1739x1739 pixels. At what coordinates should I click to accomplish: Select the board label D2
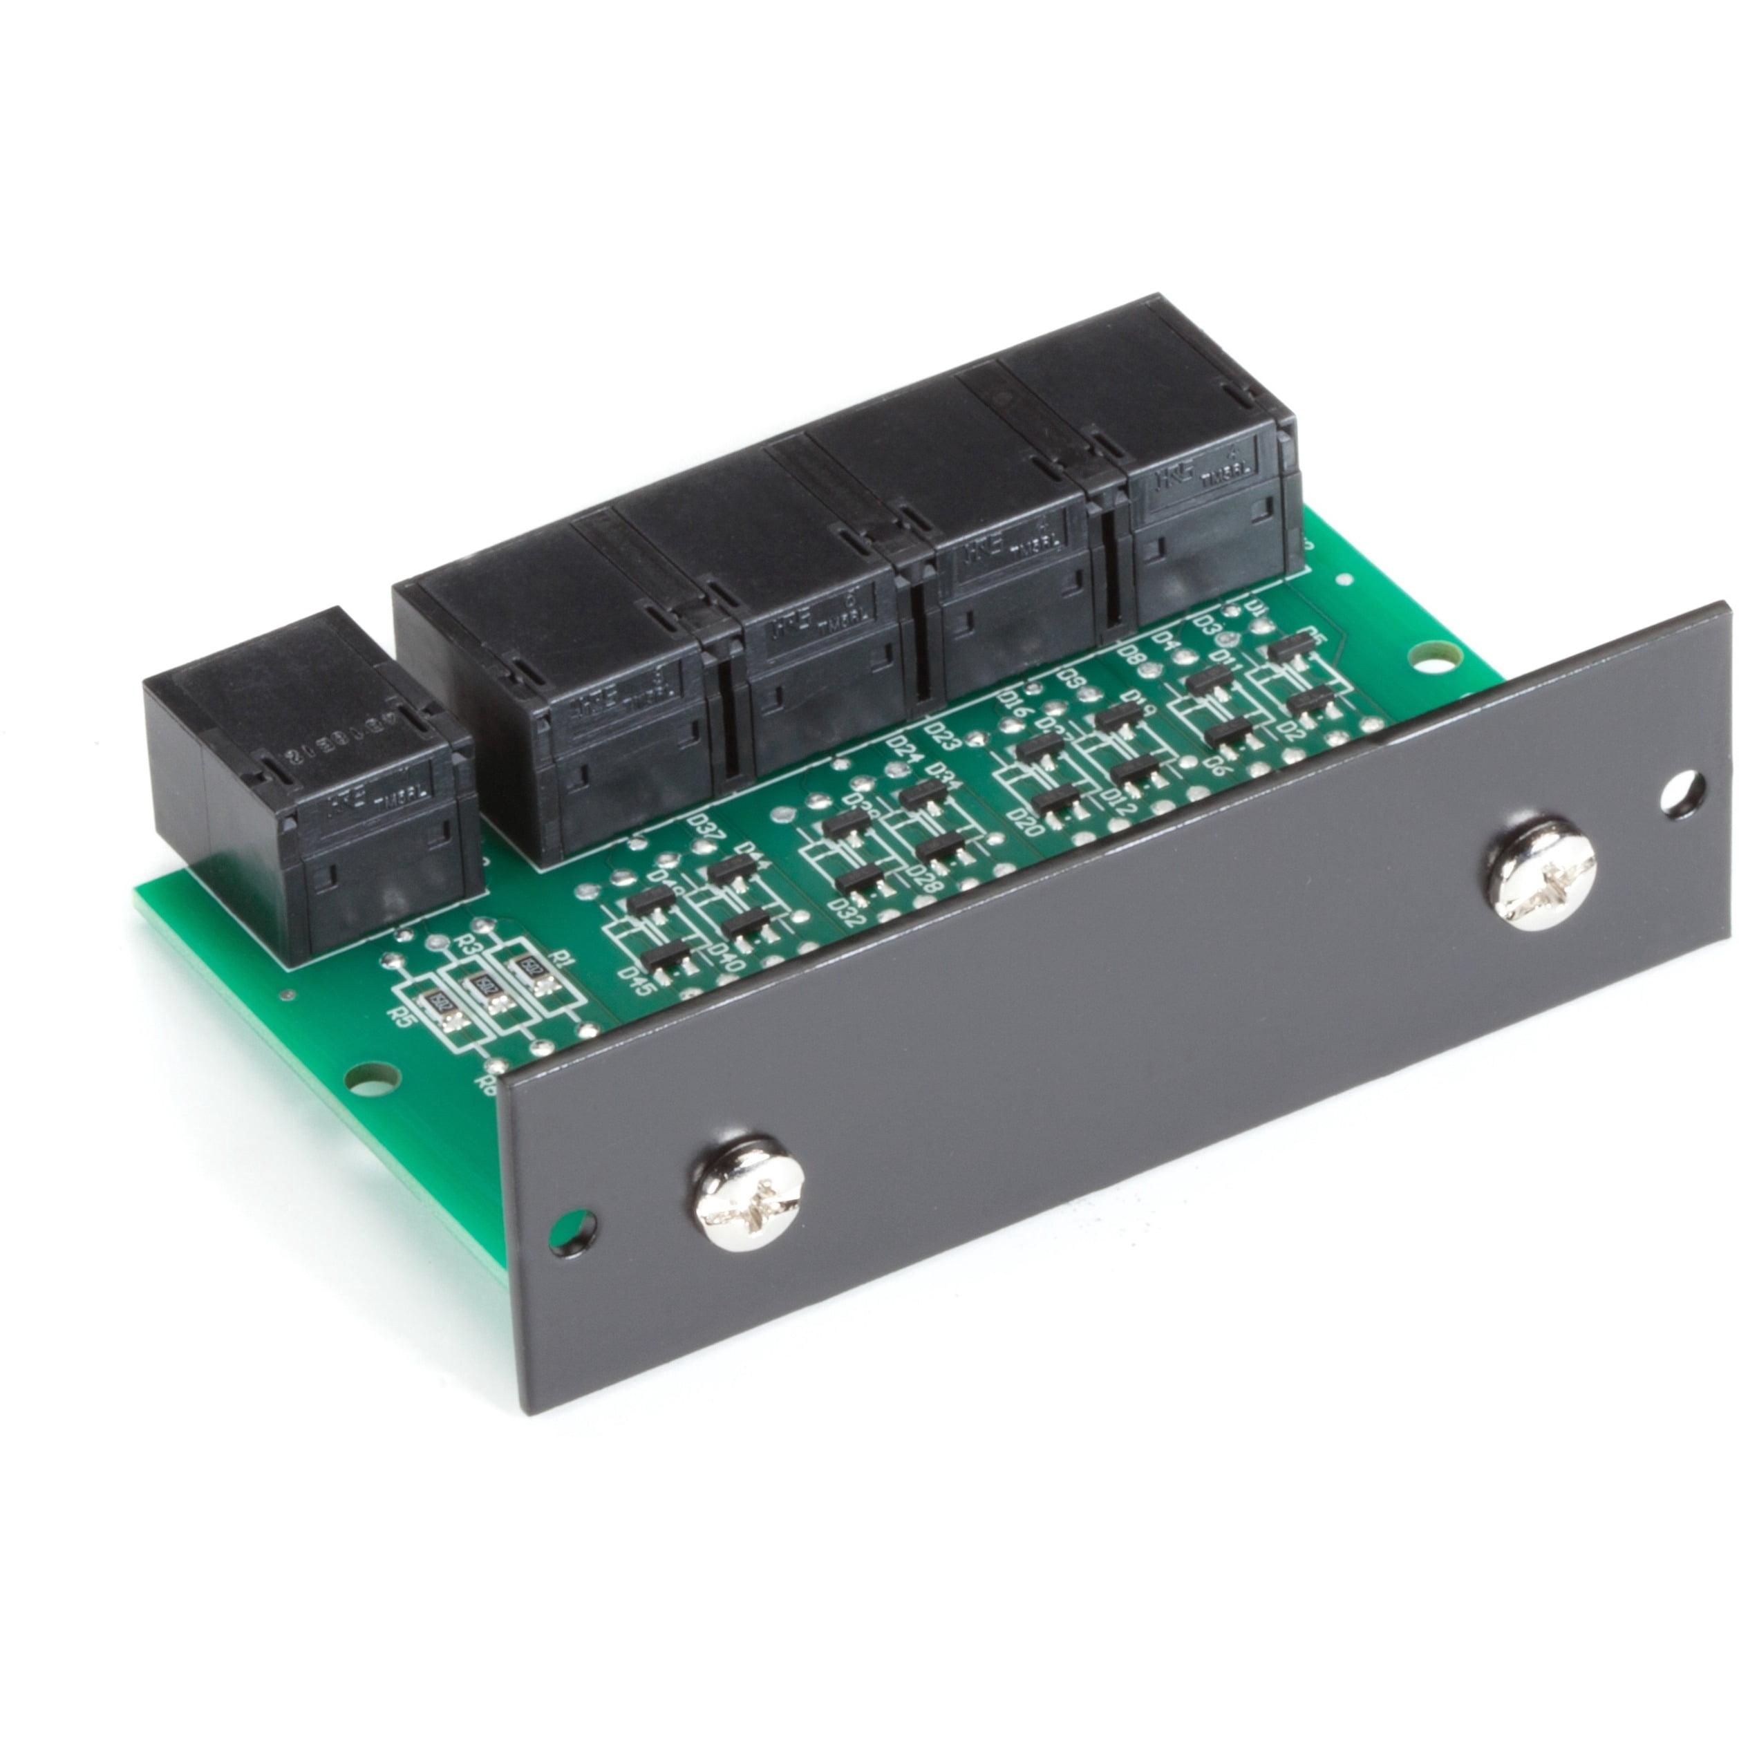coord(1292,728)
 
